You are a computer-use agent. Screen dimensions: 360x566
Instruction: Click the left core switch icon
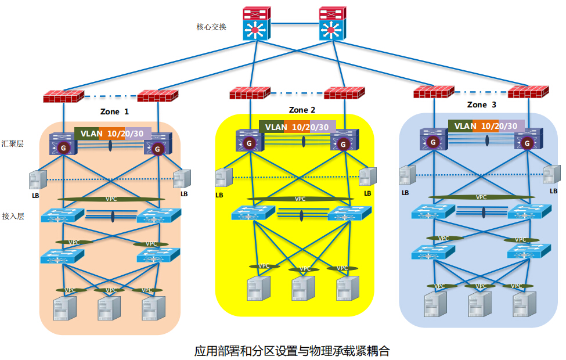[256, 24]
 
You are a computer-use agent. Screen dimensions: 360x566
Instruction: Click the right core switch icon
[332, 24]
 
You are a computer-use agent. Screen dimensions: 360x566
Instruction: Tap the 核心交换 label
[211, 27]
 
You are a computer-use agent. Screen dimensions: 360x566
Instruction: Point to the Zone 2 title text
[302, 110]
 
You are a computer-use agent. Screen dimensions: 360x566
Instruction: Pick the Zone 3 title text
[481, 105]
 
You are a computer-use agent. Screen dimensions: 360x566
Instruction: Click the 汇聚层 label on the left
[12, 143]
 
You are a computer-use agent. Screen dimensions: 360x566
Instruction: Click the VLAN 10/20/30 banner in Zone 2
[297, 127]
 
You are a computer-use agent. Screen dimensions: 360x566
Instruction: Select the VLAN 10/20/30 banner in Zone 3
[485, 125]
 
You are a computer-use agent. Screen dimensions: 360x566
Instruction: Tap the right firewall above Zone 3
[528, 92]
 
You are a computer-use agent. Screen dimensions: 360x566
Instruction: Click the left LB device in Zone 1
[38, 179]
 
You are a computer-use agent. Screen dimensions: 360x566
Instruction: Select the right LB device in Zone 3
[551, 175]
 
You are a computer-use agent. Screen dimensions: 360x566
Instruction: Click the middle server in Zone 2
[302, 288]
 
